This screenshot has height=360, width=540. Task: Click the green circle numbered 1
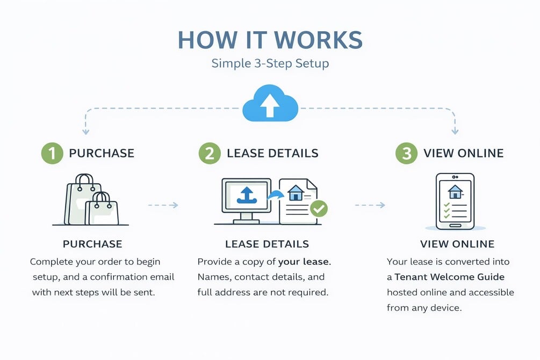point(52,153)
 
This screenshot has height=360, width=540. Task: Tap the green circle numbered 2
point(210,153)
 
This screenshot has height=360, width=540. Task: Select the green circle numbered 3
point(407,153)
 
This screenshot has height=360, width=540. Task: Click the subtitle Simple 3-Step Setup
point(270,63)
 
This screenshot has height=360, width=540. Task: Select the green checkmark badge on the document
point(319,208)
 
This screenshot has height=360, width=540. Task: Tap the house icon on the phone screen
point(455,191)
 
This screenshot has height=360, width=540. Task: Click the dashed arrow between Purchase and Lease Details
point(162,205)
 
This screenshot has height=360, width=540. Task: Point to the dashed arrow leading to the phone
point(370,205)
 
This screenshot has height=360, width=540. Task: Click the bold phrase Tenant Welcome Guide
point(449,277)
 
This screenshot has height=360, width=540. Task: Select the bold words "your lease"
point(304,262)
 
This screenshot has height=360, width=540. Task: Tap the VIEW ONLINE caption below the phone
point(457,244)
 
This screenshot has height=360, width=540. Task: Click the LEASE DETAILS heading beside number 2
point(272,153)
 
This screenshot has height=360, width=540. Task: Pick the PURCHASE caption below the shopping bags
point(92,244)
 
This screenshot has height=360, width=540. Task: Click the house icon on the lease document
point(295,191)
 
